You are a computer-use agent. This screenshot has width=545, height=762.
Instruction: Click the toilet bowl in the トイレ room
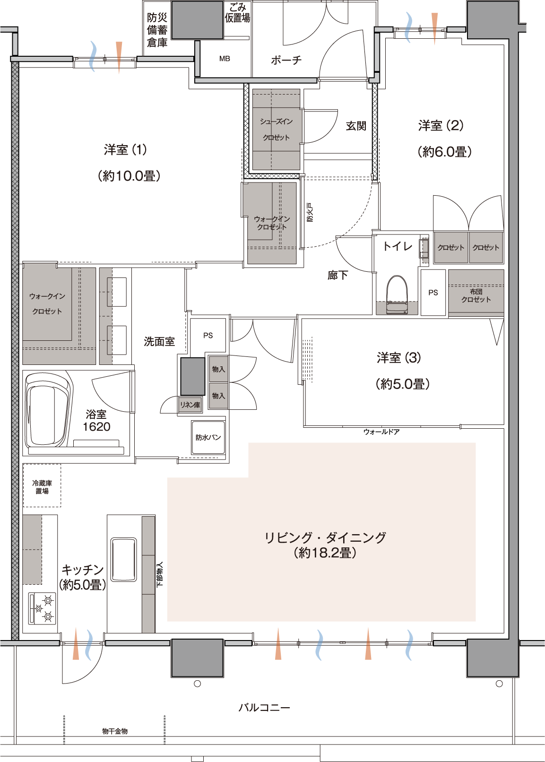point(397,294)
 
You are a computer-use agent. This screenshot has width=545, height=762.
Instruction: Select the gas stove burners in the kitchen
point(42,608)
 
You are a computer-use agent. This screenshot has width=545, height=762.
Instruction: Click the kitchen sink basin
point(123,560)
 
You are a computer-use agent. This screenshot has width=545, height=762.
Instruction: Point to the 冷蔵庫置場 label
point(42,487)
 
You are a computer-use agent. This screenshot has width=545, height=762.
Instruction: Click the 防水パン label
point(208,437)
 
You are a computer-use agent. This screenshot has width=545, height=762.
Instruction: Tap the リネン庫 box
point(190,405)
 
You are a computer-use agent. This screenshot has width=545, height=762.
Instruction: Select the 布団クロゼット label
point(476,295)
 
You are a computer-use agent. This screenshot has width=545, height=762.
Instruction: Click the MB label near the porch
point(225,59)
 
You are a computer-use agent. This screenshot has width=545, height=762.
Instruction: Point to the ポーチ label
point(286,60)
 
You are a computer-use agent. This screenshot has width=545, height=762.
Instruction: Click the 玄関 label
point(356,126)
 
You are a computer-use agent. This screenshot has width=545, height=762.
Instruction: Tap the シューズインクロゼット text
point(276,130)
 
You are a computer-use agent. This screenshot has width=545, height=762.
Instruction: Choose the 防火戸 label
point(310,212)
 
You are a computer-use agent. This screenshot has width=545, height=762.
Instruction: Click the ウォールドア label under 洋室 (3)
point(381,432)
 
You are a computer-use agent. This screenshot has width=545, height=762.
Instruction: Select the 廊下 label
point(337,275)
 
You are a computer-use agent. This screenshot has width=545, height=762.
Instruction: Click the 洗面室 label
point(159,341)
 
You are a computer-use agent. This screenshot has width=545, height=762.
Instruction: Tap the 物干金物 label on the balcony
point(115,731)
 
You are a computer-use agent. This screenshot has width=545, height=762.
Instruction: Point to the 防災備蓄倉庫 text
point(157,30)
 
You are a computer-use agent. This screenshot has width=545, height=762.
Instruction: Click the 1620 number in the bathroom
point(96,426)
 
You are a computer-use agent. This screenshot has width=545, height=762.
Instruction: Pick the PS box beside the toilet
point(433,293)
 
